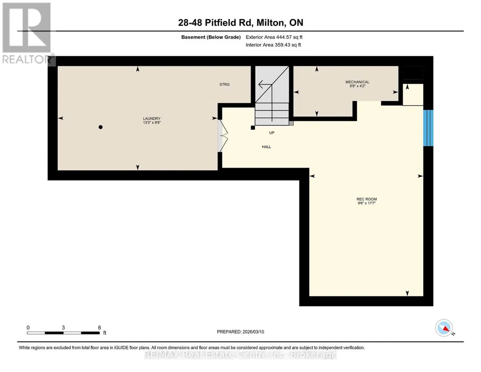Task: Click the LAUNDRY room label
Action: click(x=152, y=118)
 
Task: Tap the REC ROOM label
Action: click(x=366, y=199)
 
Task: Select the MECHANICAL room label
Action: click(x=358, y=82)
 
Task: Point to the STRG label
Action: click(x=225, y=85)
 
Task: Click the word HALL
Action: click(x=266, y=147)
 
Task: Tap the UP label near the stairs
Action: click(x=272, y=132)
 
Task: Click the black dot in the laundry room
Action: click(x=100, y=127)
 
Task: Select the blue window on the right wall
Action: click(x=428, y=128)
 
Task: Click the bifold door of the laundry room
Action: click(x=223, y=135)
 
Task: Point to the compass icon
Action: click(x=444, y=328)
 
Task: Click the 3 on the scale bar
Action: click(x=63, y=327)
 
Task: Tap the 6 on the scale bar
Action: click(x=99, y=327)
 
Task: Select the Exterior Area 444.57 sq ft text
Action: click(x=274, y=37)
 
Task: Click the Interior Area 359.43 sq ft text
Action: click(x=273, y=45)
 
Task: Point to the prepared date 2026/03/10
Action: click(x=253, y=332)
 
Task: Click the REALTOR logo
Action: click(x=28, y=34)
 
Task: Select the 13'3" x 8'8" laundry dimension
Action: click(x=152, y=123)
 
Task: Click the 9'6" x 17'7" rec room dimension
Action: click(x=366, y=203)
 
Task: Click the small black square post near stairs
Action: click(x=253, y=128)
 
